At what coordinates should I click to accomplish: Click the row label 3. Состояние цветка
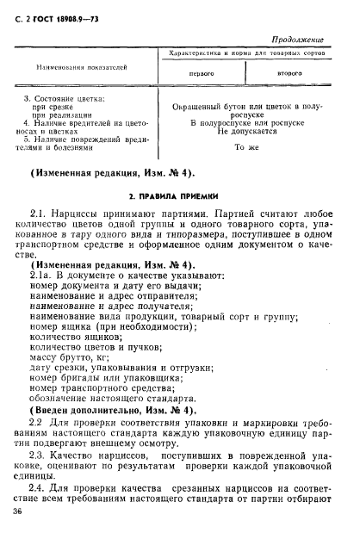pyautogui.click(x=64, y=99)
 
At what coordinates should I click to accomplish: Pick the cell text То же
pyautogui.click(x=245, y=148)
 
